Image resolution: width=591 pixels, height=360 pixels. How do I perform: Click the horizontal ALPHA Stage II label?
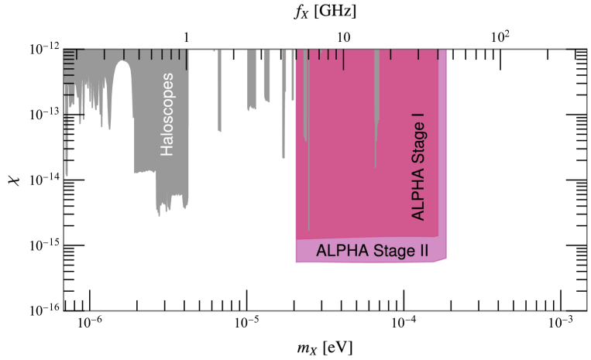367,251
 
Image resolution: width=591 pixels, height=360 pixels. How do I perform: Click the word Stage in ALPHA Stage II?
380,251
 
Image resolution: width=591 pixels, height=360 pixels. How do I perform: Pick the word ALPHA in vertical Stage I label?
418,200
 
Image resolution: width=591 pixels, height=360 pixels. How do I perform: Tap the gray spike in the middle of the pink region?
376,116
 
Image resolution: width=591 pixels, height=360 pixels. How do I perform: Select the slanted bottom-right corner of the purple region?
442,261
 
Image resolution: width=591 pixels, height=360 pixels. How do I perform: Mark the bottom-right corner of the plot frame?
586,311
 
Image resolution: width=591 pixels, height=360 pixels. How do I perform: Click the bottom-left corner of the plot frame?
64,311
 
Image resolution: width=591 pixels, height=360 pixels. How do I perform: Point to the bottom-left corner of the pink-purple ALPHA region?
296,262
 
